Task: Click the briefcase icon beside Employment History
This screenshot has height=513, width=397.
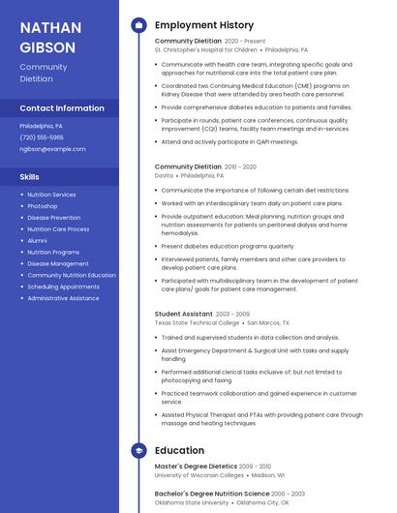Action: click(x=138, y=24)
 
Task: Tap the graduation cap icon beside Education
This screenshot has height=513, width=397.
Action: click(x=138, y=450)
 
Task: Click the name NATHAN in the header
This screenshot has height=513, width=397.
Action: click(x=50, y=27)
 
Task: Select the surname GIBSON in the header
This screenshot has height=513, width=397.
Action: click(x=47, y=46)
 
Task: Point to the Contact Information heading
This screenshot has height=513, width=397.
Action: click(x=62, y=108)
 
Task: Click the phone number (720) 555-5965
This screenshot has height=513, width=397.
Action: click(x=42, y=137)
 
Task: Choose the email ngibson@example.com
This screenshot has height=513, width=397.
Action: click(x=52, y=149)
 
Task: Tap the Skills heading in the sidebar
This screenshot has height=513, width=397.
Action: click(x=29, y=177)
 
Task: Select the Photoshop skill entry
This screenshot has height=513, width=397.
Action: click(x=43, y=206)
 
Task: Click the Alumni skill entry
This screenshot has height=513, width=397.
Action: click(x=37, y=241)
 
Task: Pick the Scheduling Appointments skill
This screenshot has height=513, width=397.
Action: click(x=63, y=287)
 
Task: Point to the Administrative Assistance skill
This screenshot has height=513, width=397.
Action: click(x=63, y=298)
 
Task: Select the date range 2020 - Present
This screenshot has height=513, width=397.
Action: click(x=244, y=42)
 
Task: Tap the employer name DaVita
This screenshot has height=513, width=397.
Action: click(x=164, y=176)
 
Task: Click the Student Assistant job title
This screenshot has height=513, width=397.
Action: click(x=183, y=314)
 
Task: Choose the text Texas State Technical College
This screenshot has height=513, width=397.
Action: click(x=197, y=323)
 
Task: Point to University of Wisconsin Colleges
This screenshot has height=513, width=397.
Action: click(x=199, y=475)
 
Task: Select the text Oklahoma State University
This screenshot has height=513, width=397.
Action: click(x=192, y=502)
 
